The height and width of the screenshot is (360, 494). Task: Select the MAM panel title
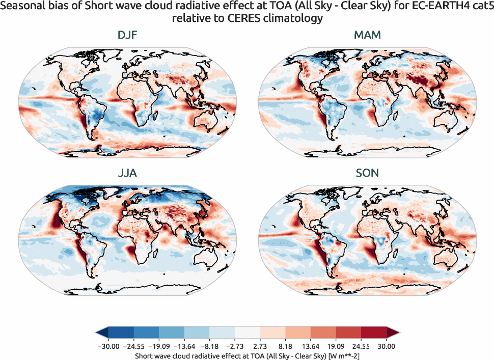click(367, 36)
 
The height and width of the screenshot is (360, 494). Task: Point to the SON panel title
click(367, 173)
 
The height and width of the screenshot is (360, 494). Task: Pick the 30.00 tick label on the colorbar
click(387, 346)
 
